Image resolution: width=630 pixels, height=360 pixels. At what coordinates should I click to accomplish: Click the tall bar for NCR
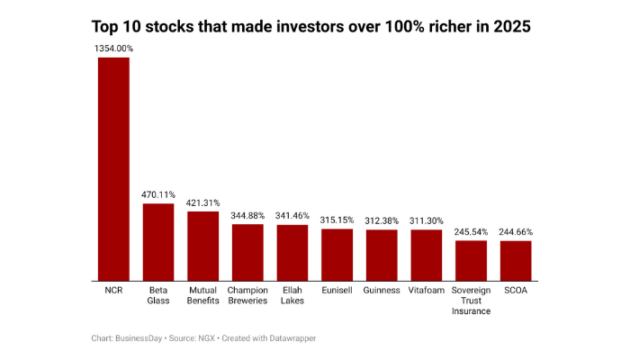click(113, 168)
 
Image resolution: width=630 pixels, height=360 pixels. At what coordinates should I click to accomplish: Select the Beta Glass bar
click(158, 241)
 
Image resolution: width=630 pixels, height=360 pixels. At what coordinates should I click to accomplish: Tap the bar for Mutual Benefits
click(202, 245)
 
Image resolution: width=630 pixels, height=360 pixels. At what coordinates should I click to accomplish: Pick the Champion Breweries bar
click(247, 251)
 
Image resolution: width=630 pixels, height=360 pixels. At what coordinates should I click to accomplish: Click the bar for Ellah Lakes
click(292, 252)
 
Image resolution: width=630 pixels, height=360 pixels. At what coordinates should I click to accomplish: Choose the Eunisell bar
click(337, 254)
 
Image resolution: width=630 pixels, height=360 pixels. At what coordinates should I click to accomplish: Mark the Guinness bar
click(382, 254)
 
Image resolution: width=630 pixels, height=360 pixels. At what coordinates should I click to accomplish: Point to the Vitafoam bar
click(427, 254)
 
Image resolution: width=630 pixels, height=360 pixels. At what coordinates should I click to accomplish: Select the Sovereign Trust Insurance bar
click(471, 259)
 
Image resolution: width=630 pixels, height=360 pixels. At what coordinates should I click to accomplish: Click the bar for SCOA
click(516, 259)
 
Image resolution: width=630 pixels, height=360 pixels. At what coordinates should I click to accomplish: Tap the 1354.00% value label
click(114, 47)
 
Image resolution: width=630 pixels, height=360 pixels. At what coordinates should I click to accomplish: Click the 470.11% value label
click(158, 193)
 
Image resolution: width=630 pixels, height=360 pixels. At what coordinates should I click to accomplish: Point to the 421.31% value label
click(202, 202)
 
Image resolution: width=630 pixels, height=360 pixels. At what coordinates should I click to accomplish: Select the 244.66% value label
click(516, 231)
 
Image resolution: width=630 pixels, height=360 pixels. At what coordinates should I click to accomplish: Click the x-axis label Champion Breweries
click(247, 295)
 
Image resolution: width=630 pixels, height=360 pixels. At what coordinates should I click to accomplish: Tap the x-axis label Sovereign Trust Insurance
click(471, 301)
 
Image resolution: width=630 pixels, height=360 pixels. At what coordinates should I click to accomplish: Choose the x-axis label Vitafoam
click(427, 291)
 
